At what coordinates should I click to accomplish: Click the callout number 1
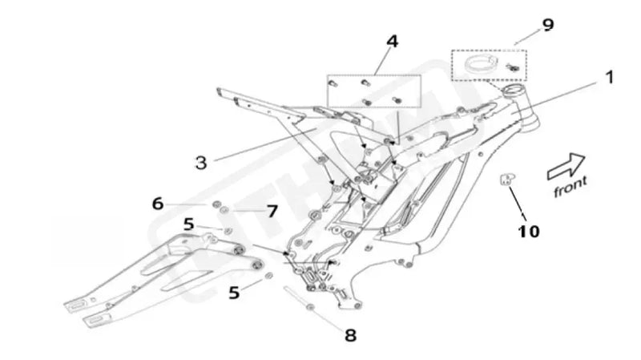click(609, 79)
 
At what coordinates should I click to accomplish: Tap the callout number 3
click(201, 161)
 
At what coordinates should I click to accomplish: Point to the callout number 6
click(158, 204)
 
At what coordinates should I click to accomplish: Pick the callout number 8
click(349, 334)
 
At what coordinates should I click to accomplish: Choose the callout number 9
click(547, 25)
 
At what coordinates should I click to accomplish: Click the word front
click(570, 188)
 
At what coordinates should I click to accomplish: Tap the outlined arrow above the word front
click(565, 167)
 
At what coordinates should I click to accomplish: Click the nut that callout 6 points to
click(217, 208)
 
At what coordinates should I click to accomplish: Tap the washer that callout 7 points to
click(226, 212)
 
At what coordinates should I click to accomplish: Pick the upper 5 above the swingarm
click(188, 224)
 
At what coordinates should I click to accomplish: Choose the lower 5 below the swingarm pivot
click(234, 293)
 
